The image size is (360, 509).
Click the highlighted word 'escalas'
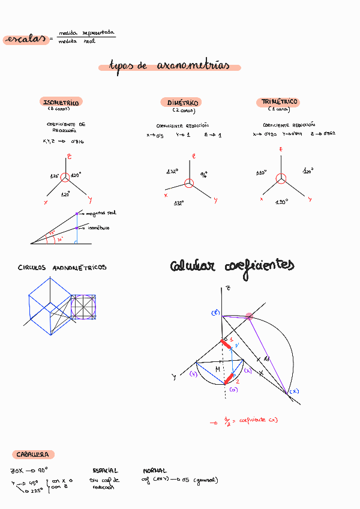(25, 40)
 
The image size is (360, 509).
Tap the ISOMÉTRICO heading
(61, 103)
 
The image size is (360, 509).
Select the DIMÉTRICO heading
(179, 103)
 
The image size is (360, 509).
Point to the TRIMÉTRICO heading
(280, 102)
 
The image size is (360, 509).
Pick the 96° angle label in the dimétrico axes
(204, 175)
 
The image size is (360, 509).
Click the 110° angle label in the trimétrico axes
(261, 173)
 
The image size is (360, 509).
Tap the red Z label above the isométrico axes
(70, 157)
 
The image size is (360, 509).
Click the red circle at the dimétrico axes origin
(189, 184)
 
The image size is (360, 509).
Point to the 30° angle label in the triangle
(59, 239)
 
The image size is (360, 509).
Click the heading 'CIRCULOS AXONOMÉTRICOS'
(62, 268)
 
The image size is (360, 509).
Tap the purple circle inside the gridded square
(83, 307)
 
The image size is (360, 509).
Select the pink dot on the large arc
(248, 316)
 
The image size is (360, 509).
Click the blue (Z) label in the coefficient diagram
(215, 313)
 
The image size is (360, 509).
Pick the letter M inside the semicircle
(218, 369)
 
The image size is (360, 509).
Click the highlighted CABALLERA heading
(33, 455)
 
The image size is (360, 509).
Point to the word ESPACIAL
(106, 471)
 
